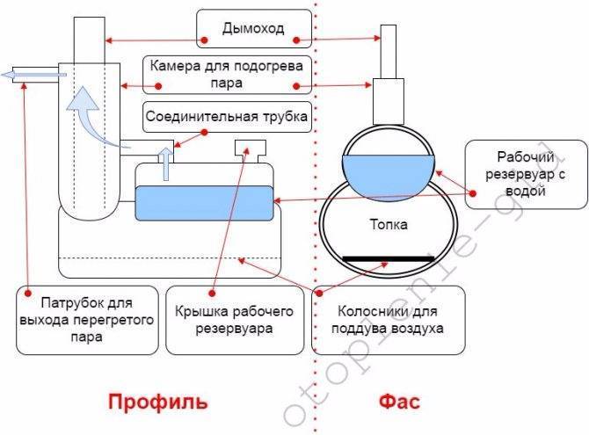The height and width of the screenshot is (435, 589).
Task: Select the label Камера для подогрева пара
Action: coord(227,73)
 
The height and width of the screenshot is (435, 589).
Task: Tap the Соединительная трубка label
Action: coord(227,117)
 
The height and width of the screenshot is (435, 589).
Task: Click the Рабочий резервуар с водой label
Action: coord(524,172)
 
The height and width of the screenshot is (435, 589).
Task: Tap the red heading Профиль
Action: coord(158,402)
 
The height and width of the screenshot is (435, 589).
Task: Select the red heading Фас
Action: coord(400,402)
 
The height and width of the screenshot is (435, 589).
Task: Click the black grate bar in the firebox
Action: coord(389,258)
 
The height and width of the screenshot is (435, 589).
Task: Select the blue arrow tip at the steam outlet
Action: coord(11,75)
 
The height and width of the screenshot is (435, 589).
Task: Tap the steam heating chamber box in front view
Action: coord(389,100)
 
